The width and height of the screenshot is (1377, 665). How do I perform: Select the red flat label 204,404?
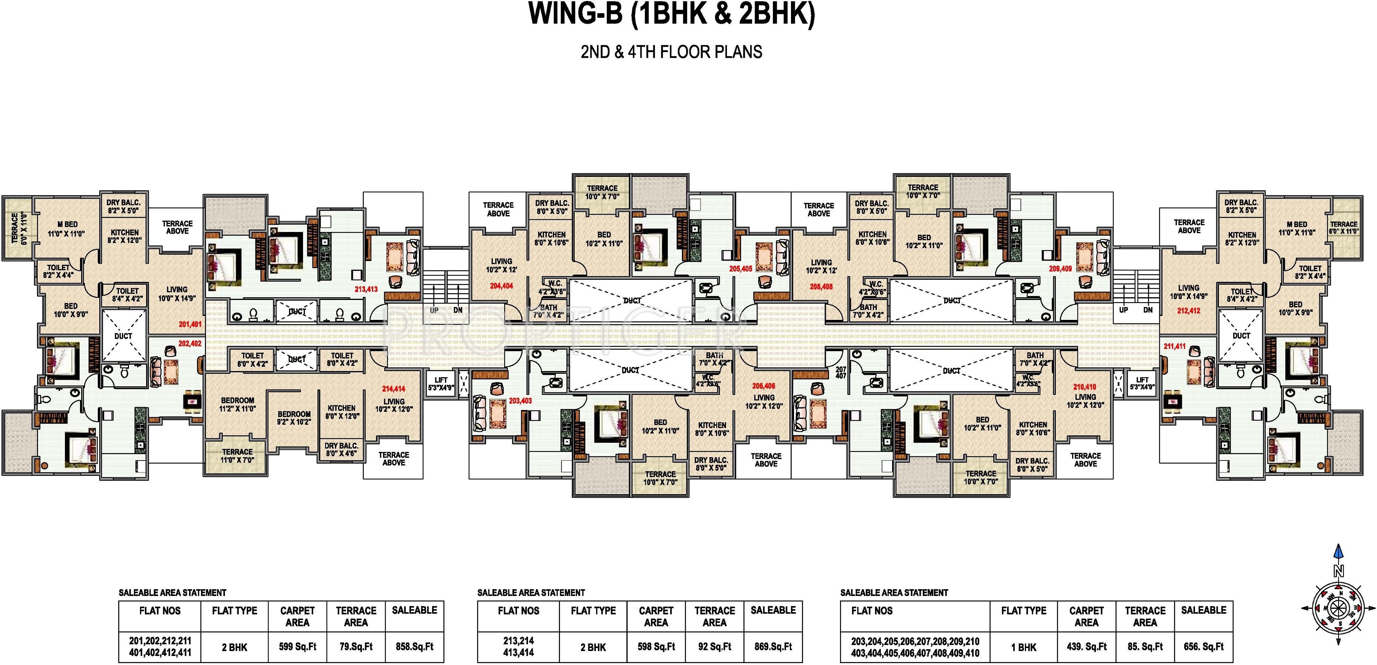click(502, 286)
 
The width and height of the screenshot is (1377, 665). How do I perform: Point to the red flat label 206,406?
click(763, 385)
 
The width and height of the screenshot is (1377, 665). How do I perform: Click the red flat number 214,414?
click(394, 389)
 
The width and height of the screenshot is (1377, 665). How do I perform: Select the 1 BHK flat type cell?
click(1024, 647)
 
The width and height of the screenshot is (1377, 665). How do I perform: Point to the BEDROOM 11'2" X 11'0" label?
click(237, 404)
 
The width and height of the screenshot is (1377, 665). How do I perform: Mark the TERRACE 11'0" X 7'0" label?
click(237, 456)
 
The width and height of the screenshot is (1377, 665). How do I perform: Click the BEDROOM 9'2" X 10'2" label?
click(294, 418)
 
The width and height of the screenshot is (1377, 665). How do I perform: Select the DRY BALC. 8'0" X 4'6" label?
click(342, 450)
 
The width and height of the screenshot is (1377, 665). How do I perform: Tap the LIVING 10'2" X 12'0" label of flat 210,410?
click(1085, 401)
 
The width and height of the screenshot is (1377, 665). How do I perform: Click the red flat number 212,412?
click(1188, 311)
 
